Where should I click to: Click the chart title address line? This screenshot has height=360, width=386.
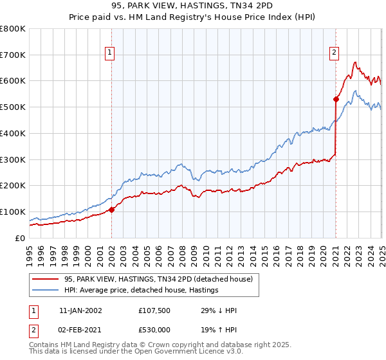(x=192, y=7)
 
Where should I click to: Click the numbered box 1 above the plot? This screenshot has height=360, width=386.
(x=111, y=53)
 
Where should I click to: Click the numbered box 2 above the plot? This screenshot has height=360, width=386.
(x=335, y=53)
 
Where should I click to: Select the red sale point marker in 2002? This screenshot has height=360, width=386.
(x=111, y=209)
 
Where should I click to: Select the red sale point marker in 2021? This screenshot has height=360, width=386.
(x=336, y=99)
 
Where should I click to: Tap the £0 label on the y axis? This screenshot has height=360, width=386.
(x=20, y=238)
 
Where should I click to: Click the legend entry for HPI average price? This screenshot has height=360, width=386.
(x=141, y=290)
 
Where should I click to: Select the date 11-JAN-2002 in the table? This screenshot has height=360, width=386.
(x=80, y=310)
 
